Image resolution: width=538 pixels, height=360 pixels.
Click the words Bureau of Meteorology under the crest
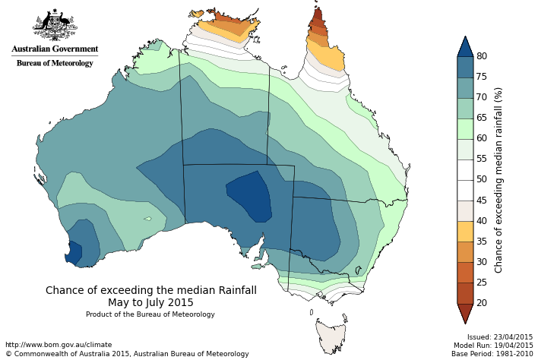tap(55, 63)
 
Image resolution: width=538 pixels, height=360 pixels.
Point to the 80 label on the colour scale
tap(482, 56)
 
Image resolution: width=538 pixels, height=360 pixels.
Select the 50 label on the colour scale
tap(482, 179)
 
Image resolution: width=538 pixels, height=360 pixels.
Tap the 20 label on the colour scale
tap(482, 303)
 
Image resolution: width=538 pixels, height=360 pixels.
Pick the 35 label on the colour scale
tap(482, 242)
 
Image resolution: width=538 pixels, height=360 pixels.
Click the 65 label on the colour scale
tap(482, 118)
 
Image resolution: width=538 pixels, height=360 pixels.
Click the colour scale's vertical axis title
tap(499, 179)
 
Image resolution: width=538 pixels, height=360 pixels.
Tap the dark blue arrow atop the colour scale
tap(465, 47)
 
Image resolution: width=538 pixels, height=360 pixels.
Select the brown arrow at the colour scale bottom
tap(465, 312)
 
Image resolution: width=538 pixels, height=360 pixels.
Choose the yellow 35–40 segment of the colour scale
tap(465, 231)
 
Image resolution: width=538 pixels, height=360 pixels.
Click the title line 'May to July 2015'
tap(150, 302)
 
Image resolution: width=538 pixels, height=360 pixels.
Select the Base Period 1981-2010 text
tap(494, 354)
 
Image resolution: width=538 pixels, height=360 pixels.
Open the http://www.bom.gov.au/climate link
tap(59, 345)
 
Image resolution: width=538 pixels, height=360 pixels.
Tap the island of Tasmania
tap(331, 335)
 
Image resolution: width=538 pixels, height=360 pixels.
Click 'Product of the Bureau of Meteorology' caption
tap(150, 314)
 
